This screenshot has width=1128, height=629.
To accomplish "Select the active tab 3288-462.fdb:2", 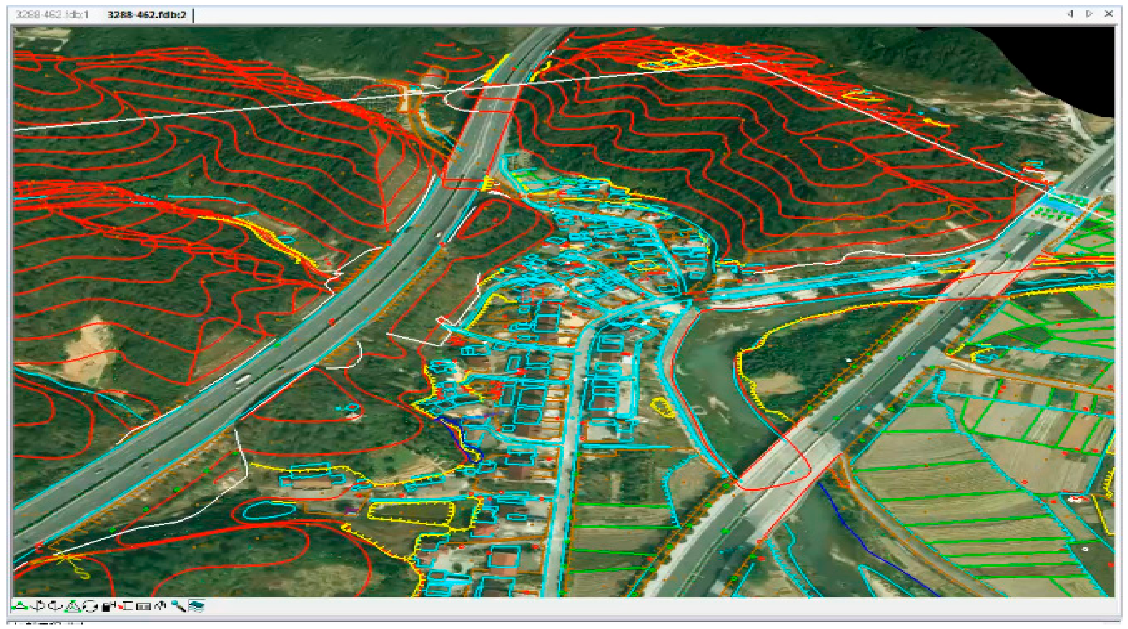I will [147, 14].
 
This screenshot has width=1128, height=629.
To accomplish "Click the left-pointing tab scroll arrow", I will [1070, 14].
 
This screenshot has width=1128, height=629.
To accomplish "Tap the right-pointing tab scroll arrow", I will [1089, 14].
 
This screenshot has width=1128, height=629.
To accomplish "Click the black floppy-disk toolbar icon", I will [108, 606].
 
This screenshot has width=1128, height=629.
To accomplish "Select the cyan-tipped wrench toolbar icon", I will [178, 606].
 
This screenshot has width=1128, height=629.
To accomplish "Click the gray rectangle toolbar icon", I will [143, 606].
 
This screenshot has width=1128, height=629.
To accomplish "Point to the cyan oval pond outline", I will [269, 510].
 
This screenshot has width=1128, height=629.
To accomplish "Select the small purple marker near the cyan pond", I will [350, 510].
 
